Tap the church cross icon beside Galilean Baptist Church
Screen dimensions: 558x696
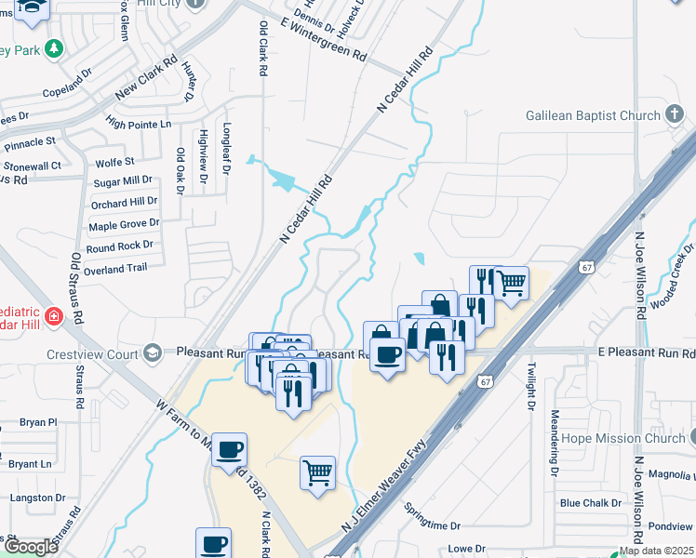click(x=675, y=114)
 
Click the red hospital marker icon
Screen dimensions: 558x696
click(x=54, y=316)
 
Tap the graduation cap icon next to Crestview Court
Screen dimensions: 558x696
click(x=152, y=353)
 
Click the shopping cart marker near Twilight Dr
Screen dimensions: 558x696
click(x=510, y=282)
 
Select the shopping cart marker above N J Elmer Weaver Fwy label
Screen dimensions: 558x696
click(x=317, y=472)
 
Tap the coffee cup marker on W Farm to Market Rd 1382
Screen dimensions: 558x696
click(x=229, y=448)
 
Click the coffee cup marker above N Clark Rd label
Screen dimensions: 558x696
click(x=213, y=543)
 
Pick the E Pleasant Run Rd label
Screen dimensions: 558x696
click(x=646, y=353)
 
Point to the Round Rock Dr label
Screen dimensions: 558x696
click(x=119, y=246)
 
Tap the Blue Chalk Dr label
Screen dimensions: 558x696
click(x=590, y=503)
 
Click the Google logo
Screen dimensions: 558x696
click(x=31, y=547)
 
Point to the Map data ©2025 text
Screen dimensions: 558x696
click(x=655, y=551)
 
